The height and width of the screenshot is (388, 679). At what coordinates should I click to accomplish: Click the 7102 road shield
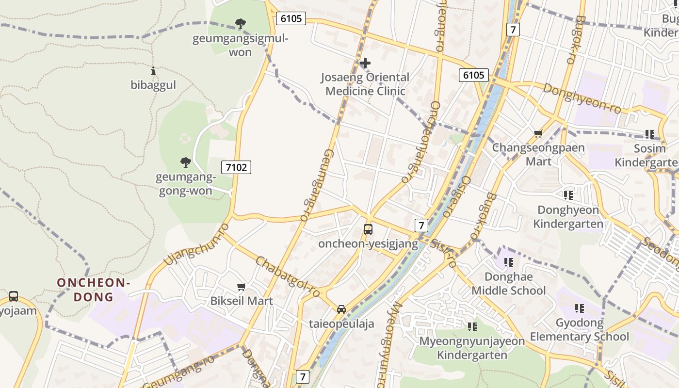[x=236, y=167]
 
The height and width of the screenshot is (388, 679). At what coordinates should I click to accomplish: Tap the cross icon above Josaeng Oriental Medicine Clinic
[x=365, y=63]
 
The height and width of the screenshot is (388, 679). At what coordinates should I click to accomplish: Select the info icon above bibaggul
[x=153, y=71]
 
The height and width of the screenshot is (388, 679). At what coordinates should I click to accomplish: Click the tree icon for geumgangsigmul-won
[x=240, y=23]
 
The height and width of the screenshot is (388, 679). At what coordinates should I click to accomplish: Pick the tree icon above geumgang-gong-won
[x=185, y=162]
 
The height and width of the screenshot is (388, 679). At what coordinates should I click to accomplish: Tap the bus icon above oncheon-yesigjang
[x=368, y=229]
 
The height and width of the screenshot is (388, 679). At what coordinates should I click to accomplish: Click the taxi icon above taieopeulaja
[x=341, y=309]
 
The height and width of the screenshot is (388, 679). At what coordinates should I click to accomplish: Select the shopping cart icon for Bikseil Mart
[x=241, y=287]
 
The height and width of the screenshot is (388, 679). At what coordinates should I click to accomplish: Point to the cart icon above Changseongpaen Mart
[x=538, y=133]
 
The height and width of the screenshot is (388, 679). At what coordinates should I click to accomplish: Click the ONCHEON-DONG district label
[x=94, y=290]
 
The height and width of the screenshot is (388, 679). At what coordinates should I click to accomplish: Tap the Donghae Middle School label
[x=509, y=284]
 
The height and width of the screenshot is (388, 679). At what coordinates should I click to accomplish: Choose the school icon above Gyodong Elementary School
[x=579, y=308]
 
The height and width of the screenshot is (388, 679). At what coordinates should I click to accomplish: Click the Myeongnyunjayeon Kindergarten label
[x=472, y=348]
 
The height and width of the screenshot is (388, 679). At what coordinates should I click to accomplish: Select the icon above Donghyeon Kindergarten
[x=568, y=195]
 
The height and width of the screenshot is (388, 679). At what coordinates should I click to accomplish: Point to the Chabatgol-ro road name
[x=288, y=277]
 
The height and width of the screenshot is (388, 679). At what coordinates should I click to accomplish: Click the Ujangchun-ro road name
[x=196, y=244]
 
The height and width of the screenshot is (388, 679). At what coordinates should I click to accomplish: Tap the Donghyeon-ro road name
[x=582, y=98]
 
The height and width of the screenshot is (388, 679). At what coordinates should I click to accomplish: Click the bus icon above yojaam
[x=14, y=296]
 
